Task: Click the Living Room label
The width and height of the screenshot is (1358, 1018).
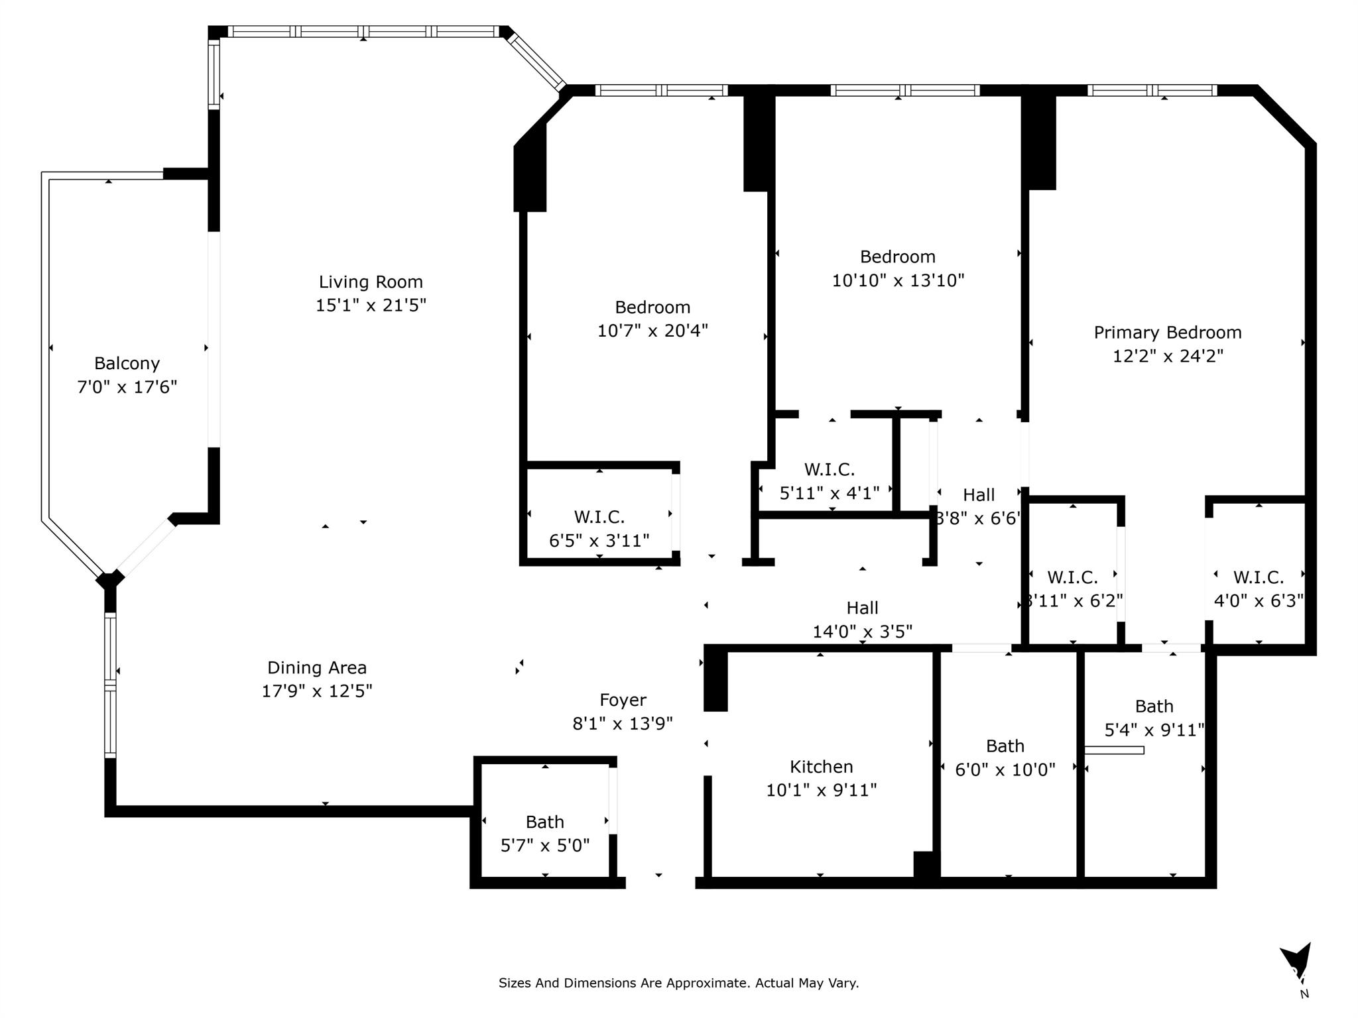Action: (371, 282)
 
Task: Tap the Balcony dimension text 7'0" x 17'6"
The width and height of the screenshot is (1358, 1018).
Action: (127, 387)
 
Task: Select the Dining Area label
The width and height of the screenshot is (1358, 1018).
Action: (316, 667)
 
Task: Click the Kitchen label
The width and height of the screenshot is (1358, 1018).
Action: (821, 767)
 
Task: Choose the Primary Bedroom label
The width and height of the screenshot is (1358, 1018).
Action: (1167, 333)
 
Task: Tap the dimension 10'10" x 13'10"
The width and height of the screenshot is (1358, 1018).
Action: (898, 280)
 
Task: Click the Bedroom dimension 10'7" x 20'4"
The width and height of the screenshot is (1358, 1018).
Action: (652, 331)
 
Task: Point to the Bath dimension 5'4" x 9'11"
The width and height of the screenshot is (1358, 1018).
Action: (1154, 730)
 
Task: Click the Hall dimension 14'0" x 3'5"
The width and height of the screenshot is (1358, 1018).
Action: (862, 632)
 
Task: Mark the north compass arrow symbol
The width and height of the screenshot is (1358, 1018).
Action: (1295, 961)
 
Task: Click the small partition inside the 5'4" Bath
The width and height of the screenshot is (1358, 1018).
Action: (1114, 750)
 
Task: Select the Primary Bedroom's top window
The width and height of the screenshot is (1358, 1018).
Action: (1152, 91)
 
